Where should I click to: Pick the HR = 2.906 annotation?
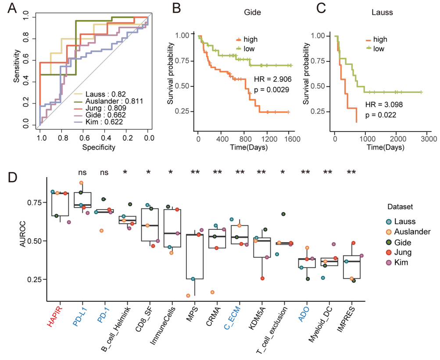(x=272, y=79)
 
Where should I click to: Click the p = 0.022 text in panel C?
(x=381, y=115)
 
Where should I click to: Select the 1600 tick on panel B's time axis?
(x=289, y=139)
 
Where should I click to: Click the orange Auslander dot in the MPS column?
(x=188, y=296)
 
